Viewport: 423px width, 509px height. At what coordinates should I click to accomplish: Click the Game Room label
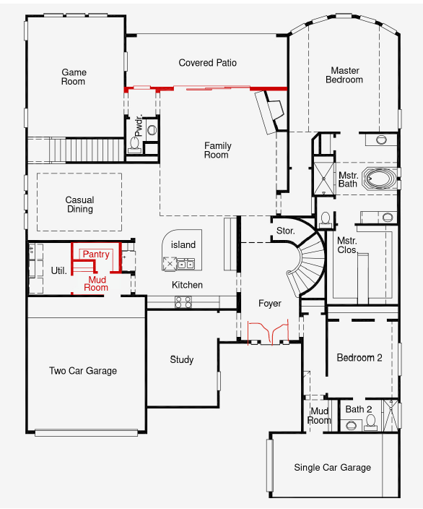point(74,77)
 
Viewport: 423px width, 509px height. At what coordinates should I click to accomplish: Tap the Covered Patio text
point(208,63)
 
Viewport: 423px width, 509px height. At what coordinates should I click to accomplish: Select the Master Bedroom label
point(344,75)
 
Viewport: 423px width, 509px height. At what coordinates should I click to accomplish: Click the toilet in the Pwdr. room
point(135,144)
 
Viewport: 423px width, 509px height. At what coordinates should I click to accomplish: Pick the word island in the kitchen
point(183,245)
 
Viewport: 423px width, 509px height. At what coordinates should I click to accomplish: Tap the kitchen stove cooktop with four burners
point(183,302)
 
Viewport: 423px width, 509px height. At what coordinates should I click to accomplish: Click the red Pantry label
point(96,254)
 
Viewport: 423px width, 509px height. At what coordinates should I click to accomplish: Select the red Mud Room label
point(97,283)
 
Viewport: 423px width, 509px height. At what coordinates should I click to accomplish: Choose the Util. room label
point(59,271)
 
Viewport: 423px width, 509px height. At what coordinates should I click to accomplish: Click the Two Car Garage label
point(83,371)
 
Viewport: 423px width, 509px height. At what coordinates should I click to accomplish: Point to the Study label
point(182,359)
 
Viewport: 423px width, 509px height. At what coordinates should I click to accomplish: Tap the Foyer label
point(270,304)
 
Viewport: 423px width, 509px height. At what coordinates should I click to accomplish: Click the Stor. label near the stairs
point(285,231)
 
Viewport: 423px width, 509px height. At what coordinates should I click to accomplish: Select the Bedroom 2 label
point(359,358)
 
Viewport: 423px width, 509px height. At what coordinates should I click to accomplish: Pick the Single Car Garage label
point(333,468)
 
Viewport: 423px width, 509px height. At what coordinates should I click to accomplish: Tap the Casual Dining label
point(79,205)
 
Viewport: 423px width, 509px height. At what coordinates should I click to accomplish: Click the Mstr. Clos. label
point(347,245)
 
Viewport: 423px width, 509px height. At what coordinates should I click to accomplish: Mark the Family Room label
point(217,150)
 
